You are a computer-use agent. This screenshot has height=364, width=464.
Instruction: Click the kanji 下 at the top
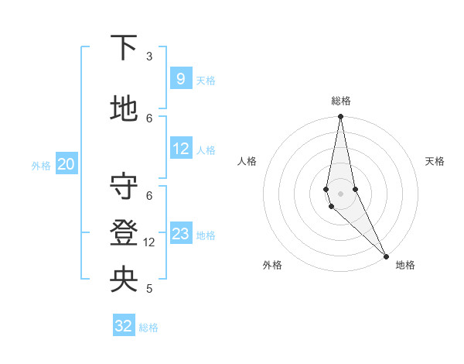(123, 48)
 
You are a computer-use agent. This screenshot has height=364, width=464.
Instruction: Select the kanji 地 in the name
(123, 109)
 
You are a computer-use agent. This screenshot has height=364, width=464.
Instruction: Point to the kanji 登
(123, 233)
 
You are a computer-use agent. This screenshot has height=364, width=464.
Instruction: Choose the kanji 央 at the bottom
(123, 280)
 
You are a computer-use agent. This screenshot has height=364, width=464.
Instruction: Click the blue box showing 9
(180, 79)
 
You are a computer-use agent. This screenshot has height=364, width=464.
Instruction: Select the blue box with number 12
(180, 149)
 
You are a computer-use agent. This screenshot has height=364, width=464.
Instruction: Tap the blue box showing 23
(180, 234)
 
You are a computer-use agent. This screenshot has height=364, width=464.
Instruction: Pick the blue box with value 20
(66, 164)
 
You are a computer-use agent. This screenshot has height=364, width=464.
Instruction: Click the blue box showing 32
(124, 326)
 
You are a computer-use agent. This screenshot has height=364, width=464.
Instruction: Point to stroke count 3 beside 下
(149, 57)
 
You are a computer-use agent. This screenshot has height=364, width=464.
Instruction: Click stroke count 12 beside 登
(149, 242)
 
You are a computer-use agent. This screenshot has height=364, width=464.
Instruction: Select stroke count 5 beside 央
(149, 289)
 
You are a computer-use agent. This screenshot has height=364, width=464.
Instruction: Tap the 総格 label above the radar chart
(341, 101)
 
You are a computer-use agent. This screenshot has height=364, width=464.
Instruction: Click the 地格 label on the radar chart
(405, 266)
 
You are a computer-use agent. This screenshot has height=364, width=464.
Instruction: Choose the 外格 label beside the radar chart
(272, 266)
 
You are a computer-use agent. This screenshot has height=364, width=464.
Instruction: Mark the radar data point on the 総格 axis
(341, 117)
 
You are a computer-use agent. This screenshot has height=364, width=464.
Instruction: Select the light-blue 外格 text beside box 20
(41, 165)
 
